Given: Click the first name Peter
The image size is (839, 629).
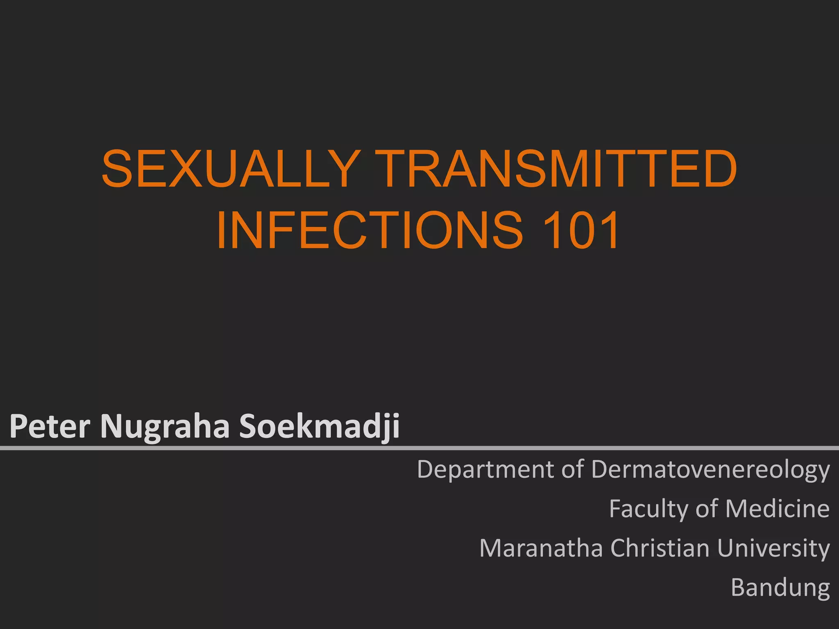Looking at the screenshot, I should pyautogui.click(x=50, y=426).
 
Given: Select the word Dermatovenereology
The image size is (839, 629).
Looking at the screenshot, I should pyautogui.click(x=710, y=470).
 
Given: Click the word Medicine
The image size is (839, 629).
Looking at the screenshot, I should pyautogui.click(x=778, y=509).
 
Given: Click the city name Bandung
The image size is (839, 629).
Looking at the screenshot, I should pyautogui.click(x=780, y=588).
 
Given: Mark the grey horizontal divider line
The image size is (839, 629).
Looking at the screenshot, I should pyautogui.click(x=419, y=448).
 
